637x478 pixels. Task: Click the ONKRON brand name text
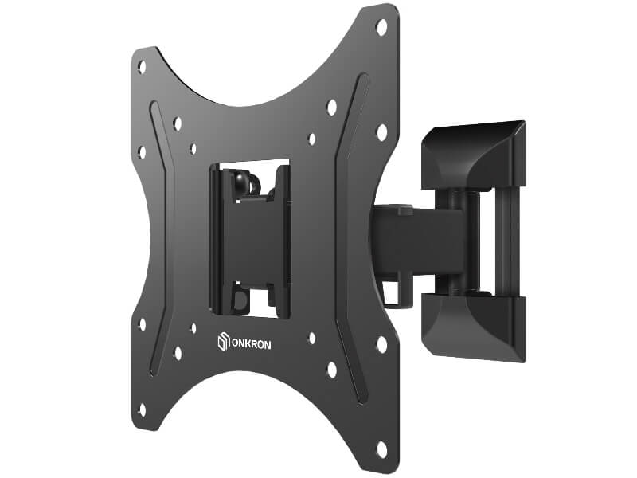tap(251, 344)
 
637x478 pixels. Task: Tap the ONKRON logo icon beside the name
tap(223, 342)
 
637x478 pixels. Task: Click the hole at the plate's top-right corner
tap(382, 28)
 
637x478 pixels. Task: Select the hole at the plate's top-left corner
tap(142, 67)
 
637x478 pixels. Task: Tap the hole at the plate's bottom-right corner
tap(382, 449)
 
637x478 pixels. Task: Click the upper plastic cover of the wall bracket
tap(473, 156)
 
